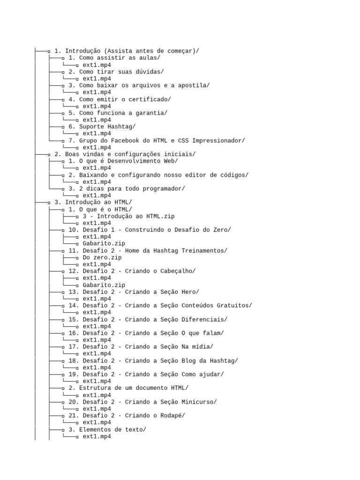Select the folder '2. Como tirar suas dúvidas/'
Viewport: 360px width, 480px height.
[116, 72]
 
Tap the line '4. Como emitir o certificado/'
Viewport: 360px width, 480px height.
[120, 99]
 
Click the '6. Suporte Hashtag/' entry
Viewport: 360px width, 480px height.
[102, 127]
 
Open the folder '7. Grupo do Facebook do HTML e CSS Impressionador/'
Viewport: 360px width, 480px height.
[157, 141]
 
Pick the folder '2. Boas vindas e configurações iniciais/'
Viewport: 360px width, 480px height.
[125, 154]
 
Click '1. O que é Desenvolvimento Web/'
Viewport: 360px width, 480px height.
[123, 161]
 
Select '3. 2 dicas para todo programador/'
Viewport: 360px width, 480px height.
[127, 188]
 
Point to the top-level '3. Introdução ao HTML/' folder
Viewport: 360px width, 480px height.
[93, 202]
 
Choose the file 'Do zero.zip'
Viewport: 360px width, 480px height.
[102, 257]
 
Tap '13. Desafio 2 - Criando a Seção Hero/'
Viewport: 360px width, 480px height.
[134, 292]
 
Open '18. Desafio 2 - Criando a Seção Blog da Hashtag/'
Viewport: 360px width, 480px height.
[153, 360]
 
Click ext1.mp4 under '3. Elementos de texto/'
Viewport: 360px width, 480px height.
[97, 436]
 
